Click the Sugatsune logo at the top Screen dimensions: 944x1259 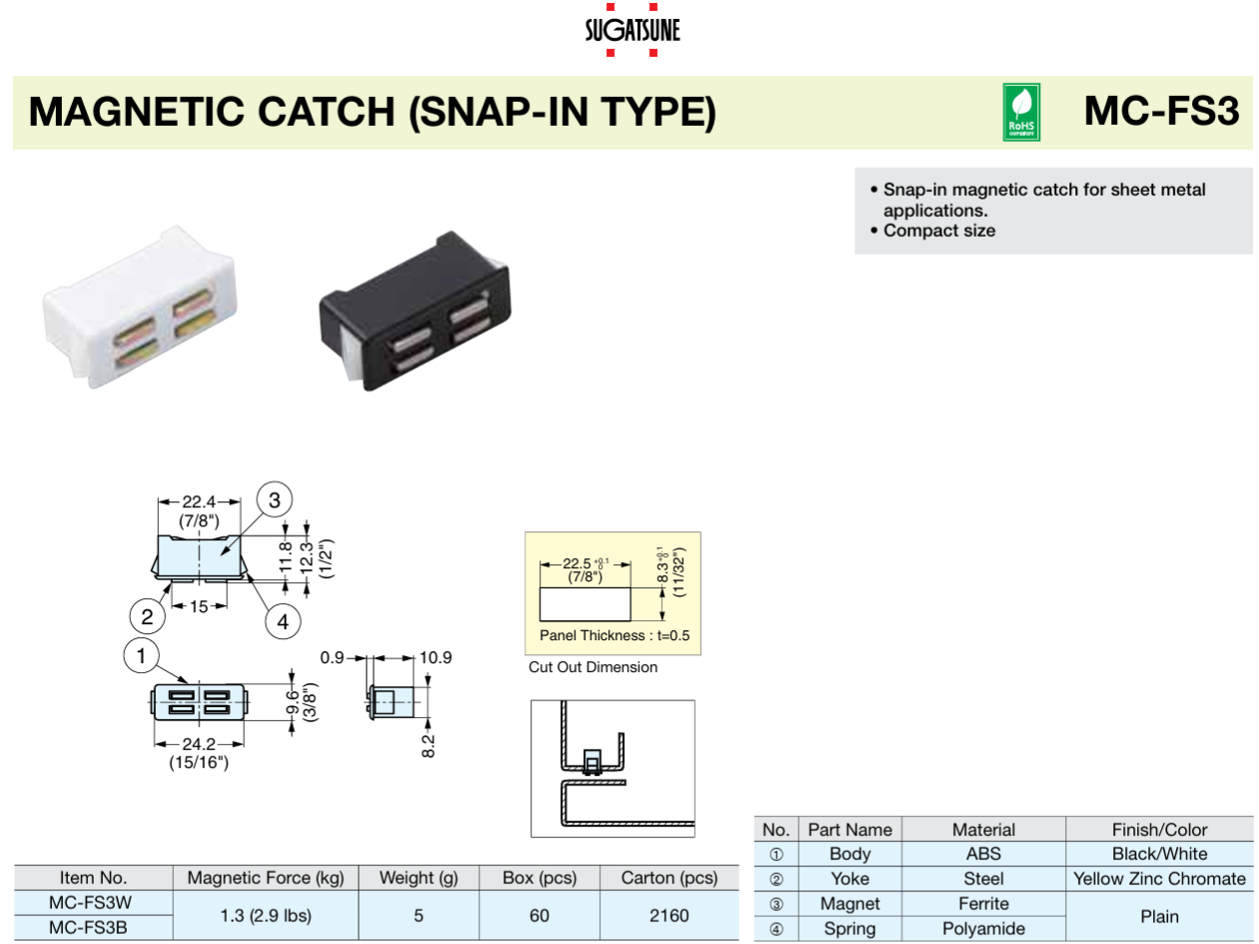(x=631, y=29)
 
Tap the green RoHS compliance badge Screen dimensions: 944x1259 (x=1021, y=112)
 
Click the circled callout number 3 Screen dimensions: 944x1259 (x=275, y=499)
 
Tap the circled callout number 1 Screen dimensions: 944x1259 (x=142, y=656)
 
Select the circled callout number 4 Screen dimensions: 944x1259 (x=283, y=621)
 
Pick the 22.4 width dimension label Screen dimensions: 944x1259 (x=200, y=502)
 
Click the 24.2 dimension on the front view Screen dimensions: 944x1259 (x=200, y=744)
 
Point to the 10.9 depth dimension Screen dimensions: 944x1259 (x=434, y=657)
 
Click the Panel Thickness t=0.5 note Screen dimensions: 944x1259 (x=614, y=635)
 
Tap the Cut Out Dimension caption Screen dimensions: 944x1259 (x=593, y=667)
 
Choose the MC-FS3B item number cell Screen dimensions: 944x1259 (x=93, y=927)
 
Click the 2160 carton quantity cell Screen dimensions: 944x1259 (x=668, y=915)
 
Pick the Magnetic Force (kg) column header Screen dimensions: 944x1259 (x=266, y=878)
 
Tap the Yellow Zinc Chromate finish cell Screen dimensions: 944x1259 (x=1159, y=879)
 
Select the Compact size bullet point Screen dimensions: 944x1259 (x=939, y=231)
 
